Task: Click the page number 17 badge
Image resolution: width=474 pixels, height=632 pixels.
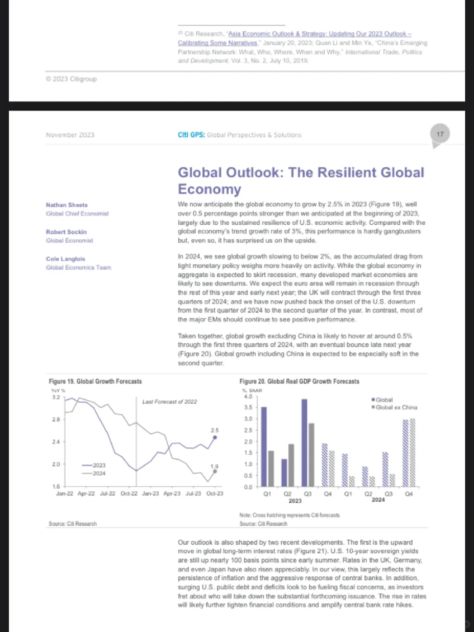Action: click(440, 134)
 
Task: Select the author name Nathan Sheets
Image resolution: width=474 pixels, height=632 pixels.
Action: click(67, 205)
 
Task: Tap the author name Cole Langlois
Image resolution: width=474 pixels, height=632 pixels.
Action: click(65, 259)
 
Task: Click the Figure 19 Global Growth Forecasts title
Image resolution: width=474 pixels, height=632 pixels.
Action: click(95, 381)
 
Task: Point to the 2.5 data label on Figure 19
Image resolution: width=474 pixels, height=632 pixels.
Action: click(214, 430)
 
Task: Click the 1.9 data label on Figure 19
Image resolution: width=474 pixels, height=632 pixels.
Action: click(214, 466)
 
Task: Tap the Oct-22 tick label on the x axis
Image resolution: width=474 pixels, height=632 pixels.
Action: click(129, 494)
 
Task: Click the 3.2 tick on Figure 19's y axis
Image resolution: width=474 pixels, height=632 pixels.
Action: click(56, 397)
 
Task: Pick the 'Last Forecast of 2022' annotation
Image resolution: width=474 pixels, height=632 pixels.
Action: click(169, 402)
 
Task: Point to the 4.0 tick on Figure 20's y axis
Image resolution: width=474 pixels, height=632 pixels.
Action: click(248, 397)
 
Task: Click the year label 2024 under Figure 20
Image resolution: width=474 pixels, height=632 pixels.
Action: click(378, 500)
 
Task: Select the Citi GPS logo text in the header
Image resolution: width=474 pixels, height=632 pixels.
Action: click(191, 135)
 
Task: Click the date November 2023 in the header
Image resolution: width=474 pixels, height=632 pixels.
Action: click(70, 135)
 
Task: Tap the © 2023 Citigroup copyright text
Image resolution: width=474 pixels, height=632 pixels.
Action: click(71, 79)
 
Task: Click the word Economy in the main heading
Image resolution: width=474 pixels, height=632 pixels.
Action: click(209, 189)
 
